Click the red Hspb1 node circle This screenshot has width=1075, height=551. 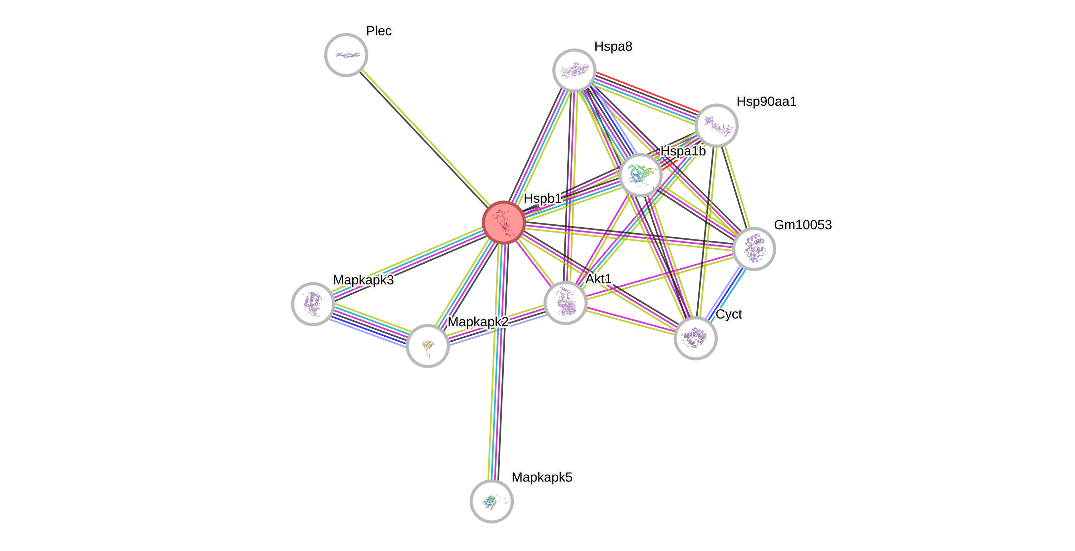click(503, 222)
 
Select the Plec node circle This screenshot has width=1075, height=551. click(346, 55)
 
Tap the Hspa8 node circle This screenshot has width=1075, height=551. click(574, 70)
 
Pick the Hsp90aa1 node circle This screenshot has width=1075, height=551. click(716, 125)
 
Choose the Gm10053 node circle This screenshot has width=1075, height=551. click(754, 249)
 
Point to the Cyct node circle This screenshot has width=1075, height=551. click(695, 338)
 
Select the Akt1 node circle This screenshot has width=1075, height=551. click(566, 303)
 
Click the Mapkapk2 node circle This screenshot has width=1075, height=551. click(427, 346)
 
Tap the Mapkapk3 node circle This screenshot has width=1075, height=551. click(313, 304)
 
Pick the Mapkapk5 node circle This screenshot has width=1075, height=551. click(492, 501)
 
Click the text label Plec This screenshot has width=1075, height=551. click(378, 31)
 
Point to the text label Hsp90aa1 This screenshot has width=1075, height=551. click(766, 102)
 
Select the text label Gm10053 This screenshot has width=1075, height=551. click(802, 225)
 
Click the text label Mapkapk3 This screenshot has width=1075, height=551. click(363, 280)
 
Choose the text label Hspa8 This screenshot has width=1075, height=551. click(613, 46)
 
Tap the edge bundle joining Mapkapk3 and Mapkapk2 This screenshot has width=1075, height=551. click(370, 325)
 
